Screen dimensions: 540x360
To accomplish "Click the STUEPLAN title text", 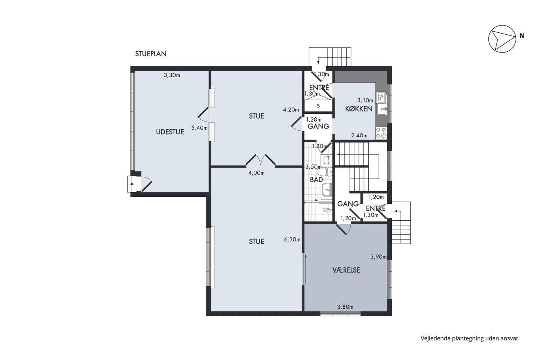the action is click(151, 54).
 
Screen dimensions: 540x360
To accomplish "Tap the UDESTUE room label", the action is click(170, 132).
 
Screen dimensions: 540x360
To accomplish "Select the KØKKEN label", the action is click(359, 109).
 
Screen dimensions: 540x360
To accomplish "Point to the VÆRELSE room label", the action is click(346, 270).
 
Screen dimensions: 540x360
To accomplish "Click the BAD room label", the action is click(316, 180).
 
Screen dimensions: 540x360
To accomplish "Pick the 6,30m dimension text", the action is click(292, 240).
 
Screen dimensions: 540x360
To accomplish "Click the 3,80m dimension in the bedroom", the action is click(345, 307).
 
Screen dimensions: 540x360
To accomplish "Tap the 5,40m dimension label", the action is click(199, 128).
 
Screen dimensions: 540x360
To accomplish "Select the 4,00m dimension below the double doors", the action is click(256, 173).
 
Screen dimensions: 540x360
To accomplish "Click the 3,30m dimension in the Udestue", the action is click(172, 75).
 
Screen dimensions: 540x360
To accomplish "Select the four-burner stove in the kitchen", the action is click(381, 133).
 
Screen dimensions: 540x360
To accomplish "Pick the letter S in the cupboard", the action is click(318, 106).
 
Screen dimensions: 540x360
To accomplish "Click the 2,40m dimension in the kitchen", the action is click(359, 135).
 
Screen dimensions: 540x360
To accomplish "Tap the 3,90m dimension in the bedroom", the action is click(378, 257).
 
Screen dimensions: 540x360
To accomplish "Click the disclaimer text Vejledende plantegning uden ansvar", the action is click(470, 338).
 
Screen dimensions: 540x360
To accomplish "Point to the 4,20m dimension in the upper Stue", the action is click(291, 110).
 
